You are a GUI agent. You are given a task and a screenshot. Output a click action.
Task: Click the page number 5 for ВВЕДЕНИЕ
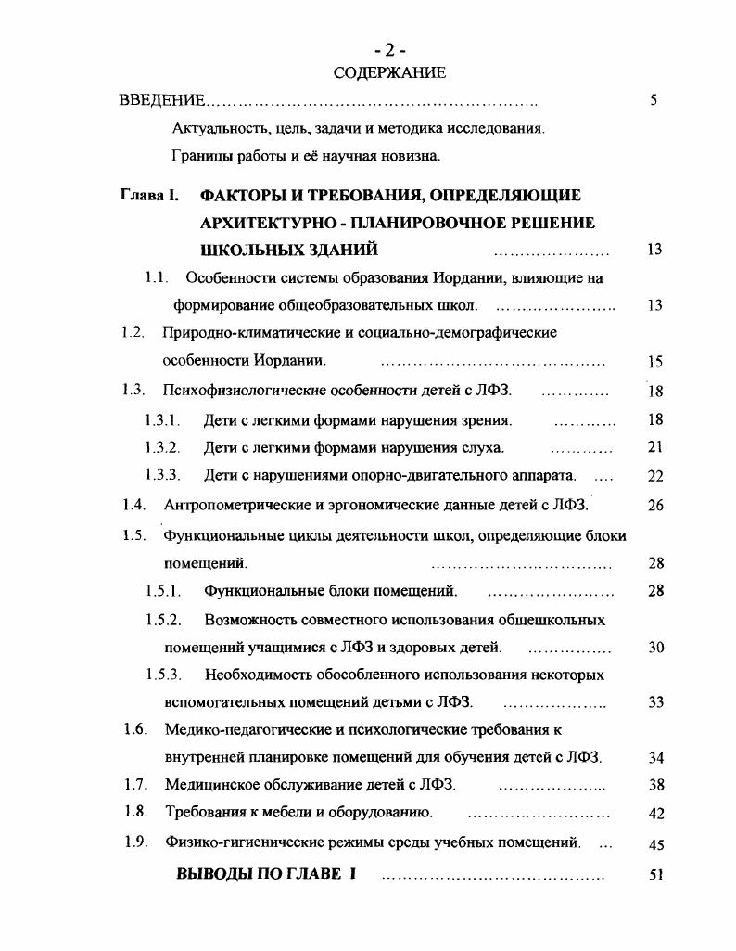tap(654, 100)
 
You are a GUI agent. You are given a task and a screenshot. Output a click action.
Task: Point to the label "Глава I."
tap(148, 195)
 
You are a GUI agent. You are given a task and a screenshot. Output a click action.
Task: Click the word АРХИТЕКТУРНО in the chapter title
tap(279, 223)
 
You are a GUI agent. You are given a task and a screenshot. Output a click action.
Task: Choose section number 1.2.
tap(133, 332)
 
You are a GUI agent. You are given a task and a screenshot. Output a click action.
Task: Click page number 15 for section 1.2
tap(655, 362)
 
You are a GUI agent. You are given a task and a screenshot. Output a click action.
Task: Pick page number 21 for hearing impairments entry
tap(655, 447)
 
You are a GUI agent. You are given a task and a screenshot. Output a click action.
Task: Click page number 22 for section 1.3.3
tap(655, 476)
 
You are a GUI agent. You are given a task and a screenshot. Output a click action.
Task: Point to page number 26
tap(655, 506)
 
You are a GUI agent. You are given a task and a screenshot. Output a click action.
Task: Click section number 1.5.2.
tap(161, 618)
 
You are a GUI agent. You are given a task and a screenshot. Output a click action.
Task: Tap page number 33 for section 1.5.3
tap(655, 702)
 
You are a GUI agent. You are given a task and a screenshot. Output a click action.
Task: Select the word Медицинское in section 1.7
tap(209, 785)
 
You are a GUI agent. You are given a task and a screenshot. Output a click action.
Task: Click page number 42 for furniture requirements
tap(655, 814)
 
